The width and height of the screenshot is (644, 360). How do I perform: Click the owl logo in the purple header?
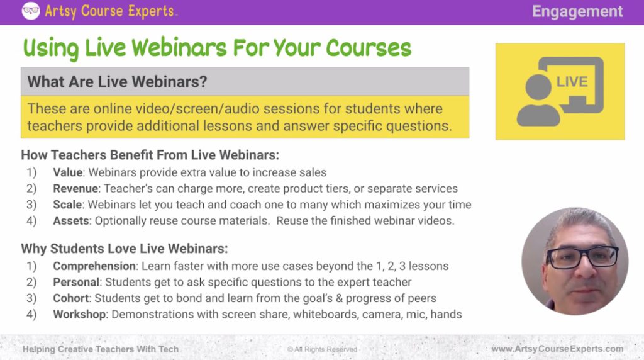(x=30, y=11)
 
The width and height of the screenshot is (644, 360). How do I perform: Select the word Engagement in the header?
(x=577, y=11)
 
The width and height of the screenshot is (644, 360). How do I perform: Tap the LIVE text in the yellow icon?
(x=572, y=82)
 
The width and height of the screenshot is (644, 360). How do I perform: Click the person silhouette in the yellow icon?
(x=538, y=101)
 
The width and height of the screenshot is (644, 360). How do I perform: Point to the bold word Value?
(x=67, y=172)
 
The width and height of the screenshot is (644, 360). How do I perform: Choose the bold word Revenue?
(x=75, y=188)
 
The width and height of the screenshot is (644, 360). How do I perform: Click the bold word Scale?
(x=67, y=205)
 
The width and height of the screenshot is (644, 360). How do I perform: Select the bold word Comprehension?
(x=94, y=266)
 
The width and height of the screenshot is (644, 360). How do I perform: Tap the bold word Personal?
(x=76, y=282)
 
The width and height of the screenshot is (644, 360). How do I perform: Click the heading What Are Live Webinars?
(x=118, y=82)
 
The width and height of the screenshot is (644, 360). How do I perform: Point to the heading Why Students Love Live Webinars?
(x=124, y=248)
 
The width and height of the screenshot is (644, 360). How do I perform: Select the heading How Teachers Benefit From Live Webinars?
(x=150, y=155)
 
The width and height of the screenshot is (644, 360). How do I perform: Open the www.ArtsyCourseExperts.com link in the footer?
(x=557, y=349)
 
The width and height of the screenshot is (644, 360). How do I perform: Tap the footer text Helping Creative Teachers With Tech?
(x=101, y=349)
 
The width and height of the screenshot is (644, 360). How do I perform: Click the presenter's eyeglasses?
(x=582, y=257)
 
